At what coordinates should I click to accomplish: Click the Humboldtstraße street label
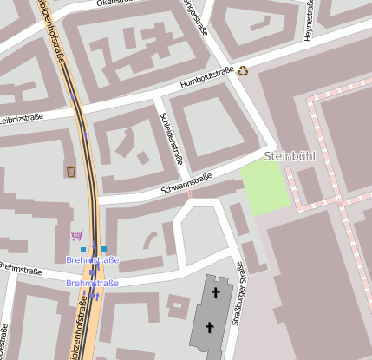207,77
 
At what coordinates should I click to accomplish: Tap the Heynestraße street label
309,19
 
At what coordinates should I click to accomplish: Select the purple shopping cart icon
76,234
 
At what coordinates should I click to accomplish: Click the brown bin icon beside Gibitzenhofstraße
70,171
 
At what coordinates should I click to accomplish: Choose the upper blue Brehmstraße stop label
93,259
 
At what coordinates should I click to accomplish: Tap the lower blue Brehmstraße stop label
93,283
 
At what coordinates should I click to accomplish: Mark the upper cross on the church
215,294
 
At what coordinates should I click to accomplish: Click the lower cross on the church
208,327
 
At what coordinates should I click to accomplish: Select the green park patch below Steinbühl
264,185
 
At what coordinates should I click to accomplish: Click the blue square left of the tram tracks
83,250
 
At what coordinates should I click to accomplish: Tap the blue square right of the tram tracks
104,249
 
